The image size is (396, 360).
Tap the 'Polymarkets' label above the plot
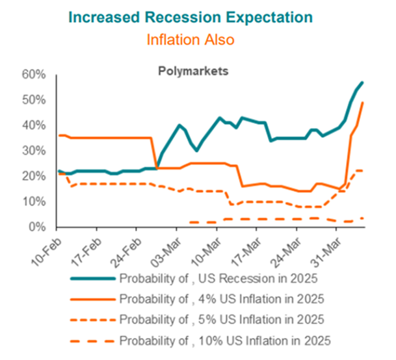point(194,71)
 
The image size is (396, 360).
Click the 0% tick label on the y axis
point(36,227)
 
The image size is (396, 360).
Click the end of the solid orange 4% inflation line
point(362,103)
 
